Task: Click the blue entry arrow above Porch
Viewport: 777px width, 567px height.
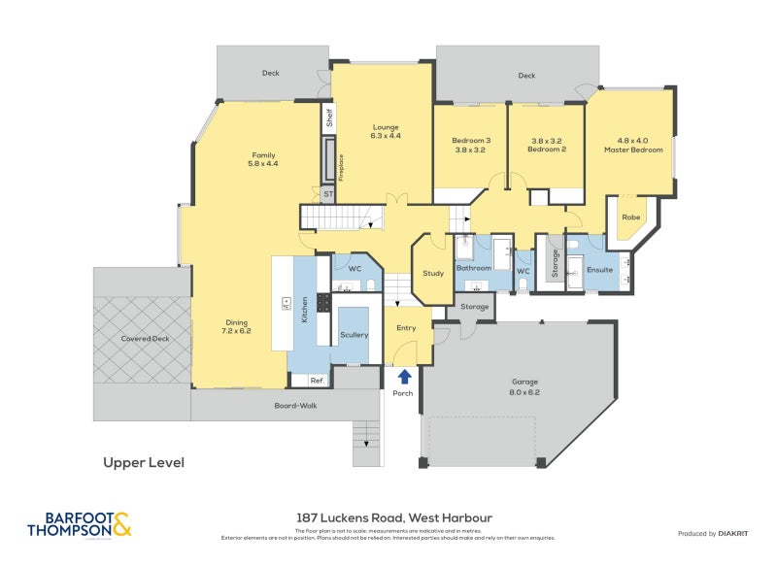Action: [x=403, y=376]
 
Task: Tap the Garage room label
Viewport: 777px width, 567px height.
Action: [x=524, y=386]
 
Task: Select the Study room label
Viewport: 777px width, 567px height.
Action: [x=433, y=273]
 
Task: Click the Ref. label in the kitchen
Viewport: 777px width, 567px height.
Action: [x=318, y=380]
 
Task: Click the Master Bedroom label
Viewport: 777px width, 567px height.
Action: [x=625, y=145]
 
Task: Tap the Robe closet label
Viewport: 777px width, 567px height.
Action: [x=630, y=217]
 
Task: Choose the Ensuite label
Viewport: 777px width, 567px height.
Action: [x=599, y=269]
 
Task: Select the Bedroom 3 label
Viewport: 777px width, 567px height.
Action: [x=471, y=146]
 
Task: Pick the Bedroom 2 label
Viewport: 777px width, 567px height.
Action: [x=547, y=146]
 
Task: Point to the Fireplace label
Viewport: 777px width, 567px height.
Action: [x=341, y=166]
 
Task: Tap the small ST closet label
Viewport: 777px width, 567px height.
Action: [x=328, y=194]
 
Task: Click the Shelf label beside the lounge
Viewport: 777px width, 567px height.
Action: [x=329, y=118]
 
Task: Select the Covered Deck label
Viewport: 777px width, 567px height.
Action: [x=145, y=339]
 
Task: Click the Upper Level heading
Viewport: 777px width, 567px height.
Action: [x=144, y=463]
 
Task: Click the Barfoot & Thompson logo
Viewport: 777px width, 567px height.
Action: [x=80, y=524]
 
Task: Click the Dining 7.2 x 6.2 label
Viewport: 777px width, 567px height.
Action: [x=237, y=327]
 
